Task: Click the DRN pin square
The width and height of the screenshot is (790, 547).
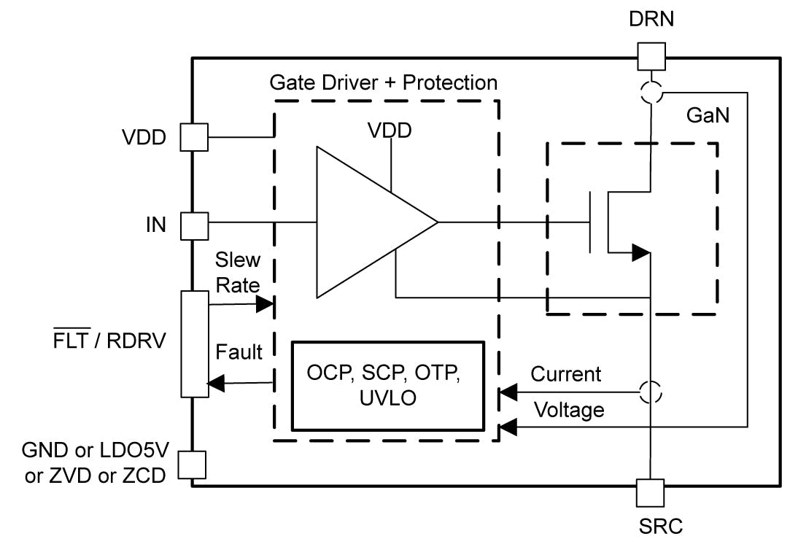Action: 651,56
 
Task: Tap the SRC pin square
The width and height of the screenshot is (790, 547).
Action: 649,492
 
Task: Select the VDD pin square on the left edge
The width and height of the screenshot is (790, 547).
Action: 194,136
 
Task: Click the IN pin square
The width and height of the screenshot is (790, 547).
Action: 194,225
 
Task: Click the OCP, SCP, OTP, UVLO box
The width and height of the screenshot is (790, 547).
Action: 388,384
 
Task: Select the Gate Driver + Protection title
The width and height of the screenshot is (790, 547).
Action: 384,82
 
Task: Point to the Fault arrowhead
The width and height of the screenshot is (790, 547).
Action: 217,382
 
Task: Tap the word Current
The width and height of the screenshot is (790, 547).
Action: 565,374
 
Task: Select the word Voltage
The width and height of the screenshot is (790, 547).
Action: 569,410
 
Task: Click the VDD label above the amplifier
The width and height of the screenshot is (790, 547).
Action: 389,131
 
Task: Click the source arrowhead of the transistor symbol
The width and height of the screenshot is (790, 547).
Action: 640,253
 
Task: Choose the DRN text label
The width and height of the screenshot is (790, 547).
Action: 651,20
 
